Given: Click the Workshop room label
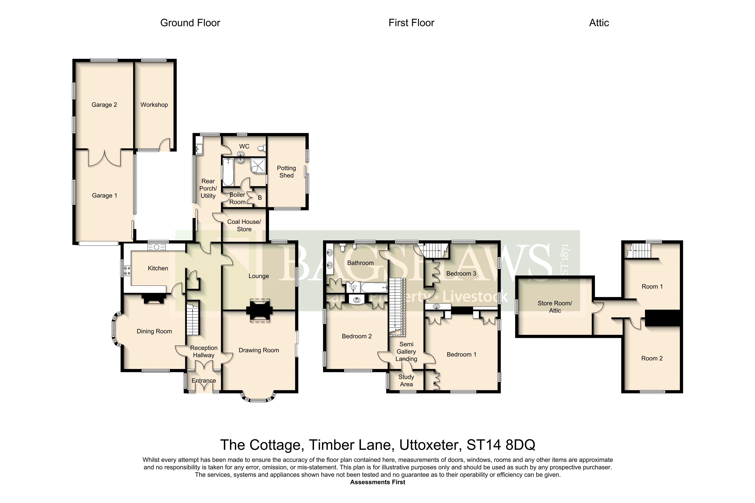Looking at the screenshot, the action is pyautogui.click(x=154, y=105).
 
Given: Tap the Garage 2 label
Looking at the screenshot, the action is pyautogui.click(x=104, y=105).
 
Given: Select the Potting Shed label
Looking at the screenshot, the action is pyautogui.click(x=286, y=172).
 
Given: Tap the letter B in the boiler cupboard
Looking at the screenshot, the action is pyautogui.click(x=260, y=198).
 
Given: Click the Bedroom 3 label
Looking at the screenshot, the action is pyautogui.click(x=461, y=273).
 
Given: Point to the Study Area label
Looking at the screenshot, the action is pyautogui.click(x=406, y=381).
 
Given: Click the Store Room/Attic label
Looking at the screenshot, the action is pyautogui.click(x=555, y=307).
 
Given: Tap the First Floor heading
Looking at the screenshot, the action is pyautogui.click(x=411, y=23).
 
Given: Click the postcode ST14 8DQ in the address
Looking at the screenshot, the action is pyautogui.click(x=501, y=445).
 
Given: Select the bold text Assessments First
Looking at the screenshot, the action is pyautogui.click(x=378, y=482).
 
